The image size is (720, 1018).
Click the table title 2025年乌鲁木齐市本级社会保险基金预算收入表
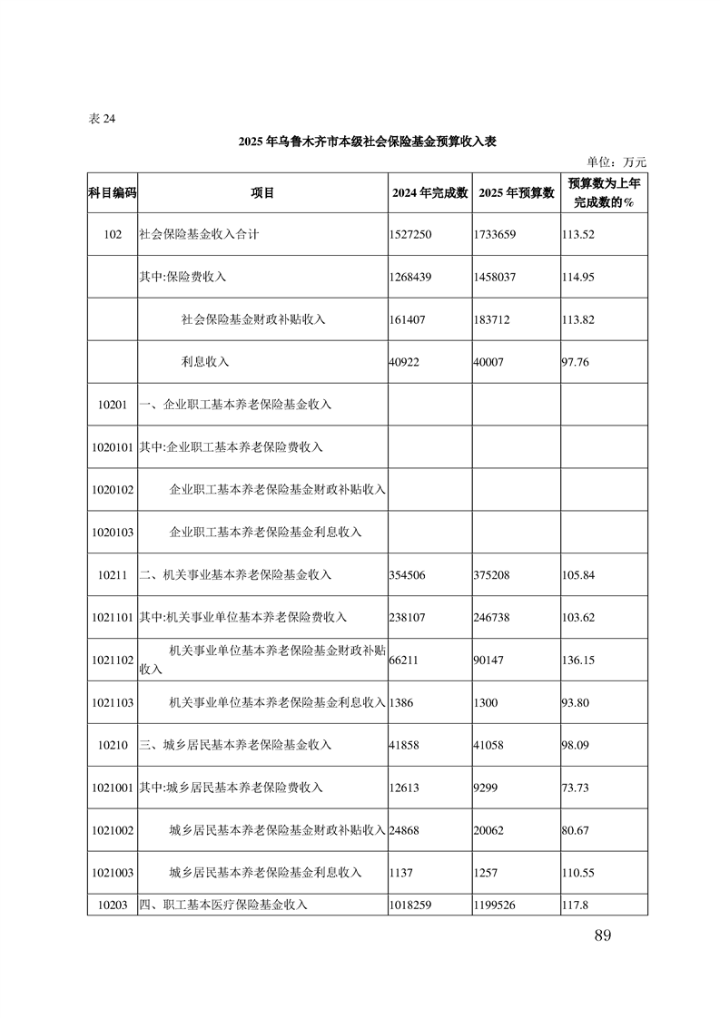(367, 142)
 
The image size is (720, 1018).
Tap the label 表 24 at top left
(102, 119)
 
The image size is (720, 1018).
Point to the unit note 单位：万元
(616, 162)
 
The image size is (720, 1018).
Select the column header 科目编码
(112, 192)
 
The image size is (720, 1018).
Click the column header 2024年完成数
(429, 192)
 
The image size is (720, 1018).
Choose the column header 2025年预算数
(515, 192)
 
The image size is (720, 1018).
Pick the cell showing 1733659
(495, 234)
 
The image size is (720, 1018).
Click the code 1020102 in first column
(113, 490)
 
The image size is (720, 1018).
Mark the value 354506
(407, 575)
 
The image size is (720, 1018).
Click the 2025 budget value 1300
(486, 703)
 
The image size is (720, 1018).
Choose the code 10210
(113, 745)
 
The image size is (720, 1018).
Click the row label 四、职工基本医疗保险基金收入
(223, 905)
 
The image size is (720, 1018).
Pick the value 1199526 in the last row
(495, 905)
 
